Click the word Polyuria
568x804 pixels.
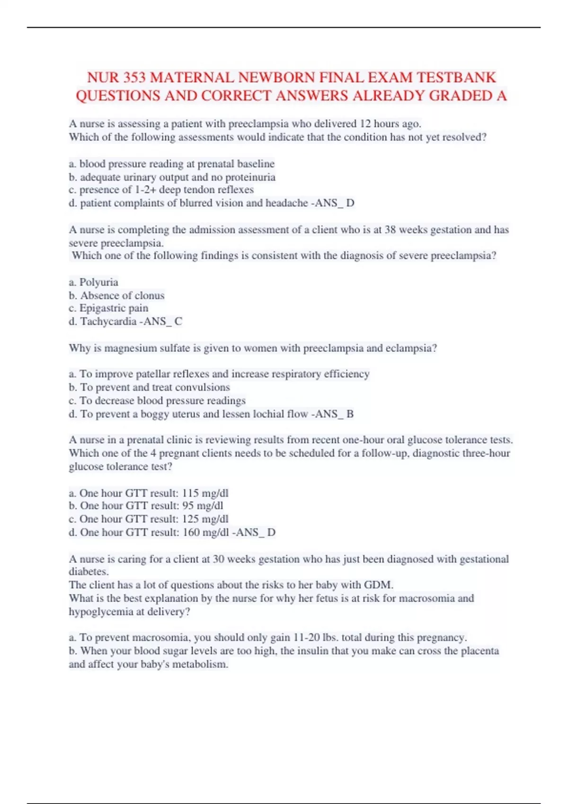98,282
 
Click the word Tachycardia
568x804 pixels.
108,321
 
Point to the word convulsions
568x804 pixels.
202,387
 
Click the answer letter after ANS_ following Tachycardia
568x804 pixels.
178,321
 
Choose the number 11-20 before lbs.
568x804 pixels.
307,637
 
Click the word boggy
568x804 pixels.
155,414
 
